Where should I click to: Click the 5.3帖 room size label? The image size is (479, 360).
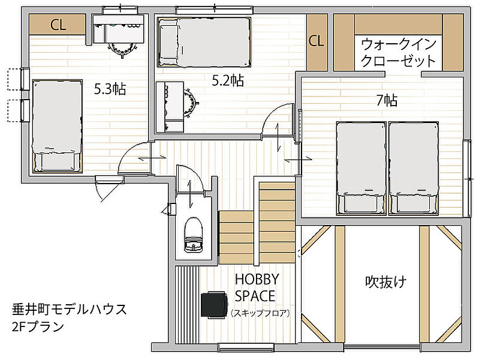coord(110,89)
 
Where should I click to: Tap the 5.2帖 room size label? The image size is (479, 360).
coord(228,80)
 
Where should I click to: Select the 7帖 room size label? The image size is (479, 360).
coord(387,100)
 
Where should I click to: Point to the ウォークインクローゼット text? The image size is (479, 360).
coord(398,53)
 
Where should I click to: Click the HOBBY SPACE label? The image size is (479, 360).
coord(257,287)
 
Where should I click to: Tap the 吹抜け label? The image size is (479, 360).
coord(386,281)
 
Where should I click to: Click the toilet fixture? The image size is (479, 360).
coord(194,235)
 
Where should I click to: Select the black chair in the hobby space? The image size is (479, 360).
coord(215,305)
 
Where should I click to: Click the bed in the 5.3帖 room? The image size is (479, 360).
coord(58,126)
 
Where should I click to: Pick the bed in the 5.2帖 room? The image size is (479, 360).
coord(204,42)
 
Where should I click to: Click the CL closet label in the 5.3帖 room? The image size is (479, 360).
coord(58,25)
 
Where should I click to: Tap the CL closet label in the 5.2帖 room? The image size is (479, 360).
coord(316,40)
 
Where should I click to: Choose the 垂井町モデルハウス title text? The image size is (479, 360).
coord(70,310)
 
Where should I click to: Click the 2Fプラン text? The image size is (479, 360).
coord(38,326)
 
